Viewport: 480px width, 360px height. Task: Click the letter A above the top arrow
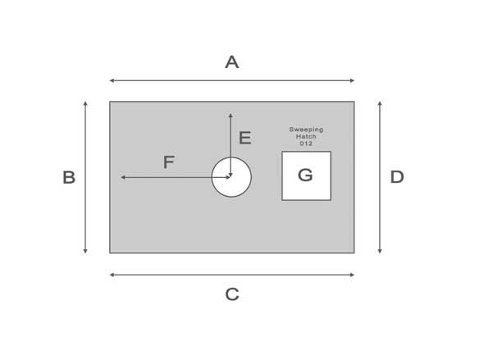point(231,62)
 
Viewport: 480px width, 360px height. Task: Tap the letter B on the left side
point(69,177)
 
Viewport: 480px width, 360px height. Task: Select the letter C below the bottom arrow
point(232,294)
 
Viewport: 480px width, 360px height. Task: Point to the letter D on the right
point(397,177)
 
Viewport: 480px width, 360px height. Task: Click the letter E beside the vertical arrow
point(245,138)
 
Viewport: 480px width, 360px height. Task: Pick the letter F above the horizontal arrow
point(169,162)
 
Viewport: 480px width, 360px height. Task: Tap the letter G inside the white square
point(305,175)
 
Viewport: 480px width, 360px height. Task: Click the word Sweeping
point(306,130)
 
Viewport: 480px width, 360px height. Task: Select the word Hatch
point(306,136)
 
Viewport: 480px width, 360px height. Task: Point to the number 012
point(306,144)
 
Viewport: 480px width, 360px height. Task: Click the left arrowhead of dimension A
point(112,80)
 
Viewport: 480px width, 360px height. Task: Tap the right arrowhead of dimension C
point(352,275)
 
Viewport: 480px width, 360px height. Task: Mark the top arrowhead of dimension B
point(85,103)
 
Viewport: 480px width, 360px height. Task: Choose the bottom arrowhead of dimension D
point(380,251)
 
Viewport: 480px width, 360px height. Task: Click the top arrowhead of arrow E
point(231,116)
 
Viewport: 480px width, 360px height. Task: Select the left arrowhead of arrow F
point(123,177)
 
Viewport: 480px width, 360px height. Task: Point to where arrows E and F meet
point(231,177)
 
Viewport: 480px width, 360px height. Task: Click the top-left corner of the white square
point(282,152)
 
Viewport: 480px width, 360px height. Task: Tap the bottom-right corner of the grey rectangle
point(354,253)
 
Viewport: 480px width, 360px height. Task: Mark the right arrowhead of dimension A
point(352,80)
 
